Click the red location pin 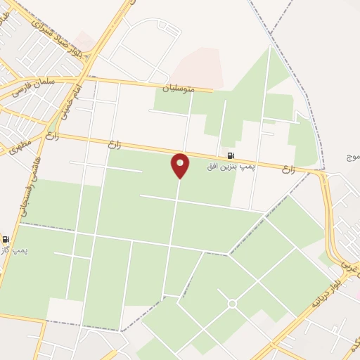181,166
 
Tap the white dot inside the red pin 181,162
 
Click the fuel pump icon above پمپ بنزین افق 231,155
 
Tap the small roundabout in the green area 232,303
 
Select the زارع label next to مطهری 51,136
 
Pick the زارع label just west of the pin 115,144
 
